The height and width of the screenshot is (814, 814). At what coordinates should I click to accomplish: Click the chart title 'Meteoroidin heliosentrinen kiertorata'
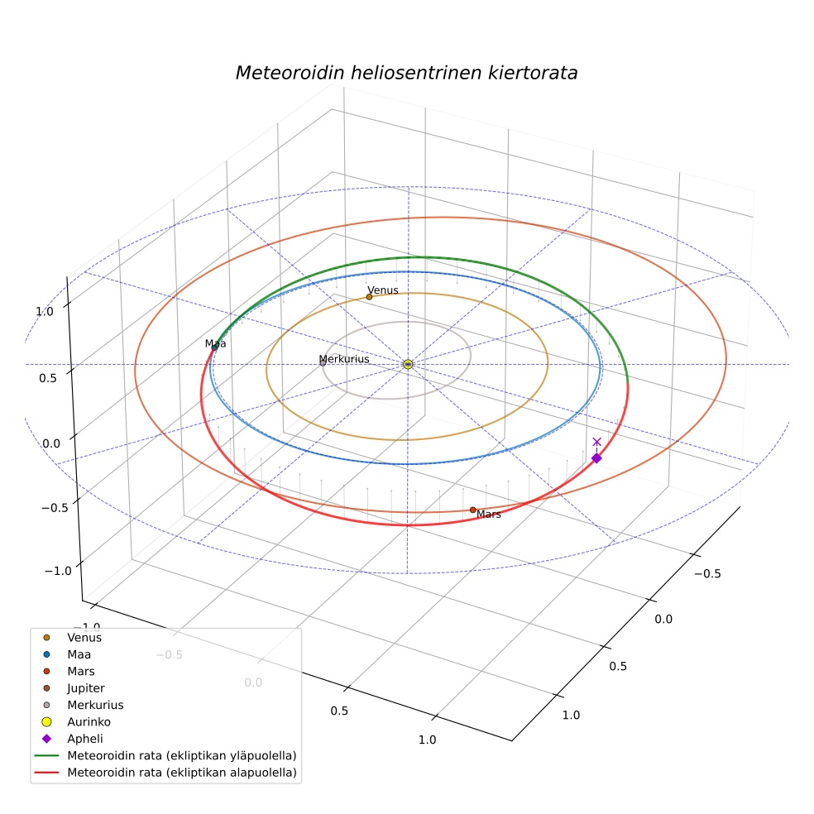click(406, 73)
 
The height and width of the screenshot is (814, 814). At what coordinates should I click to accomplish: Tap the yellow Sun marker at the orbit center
click(408, 365)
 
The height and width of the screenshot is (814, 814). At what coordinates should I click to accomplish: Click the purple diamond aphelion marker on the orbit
click(596, 458)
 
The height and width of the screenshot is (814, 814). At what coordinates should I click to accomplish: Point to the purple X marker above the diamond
click(597, 442)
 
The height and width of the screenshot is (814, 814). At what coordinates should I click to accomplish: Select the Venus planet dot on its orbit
click(369, 297)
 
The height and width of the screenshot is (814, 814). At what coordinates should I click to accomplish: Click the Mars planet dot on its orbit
click(472, 510)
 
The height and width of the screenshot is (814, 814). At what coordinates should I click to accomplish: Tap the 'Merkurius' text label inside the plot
click(344, 359)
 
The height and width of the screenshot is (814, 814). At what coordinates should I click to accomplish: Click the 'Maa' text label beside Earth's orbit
click(215, 343)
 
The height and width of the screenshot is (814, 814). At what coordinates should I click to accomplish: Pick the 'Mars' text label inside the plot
click(489, 514)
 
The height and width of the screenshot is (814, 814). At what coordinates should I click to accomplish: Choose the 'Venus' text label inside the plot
click(383, 290)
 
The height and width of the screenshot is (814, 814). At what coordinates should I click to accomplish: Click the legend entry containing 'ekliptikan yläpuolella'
click(165, 755)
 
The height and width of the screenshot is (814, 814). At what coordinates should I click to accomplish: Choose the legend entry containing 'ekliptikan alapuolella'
click(165, 772)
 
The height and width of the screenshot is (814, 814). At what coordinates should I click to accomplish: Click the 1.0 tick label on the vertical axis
click(44, 312)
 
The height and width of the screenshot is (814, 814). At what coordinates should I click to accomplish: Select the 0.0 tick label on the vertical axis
click(51, 443)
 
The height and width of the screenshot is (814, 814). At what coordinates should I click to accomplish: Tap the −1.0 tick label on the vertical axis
click(58, 571)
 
